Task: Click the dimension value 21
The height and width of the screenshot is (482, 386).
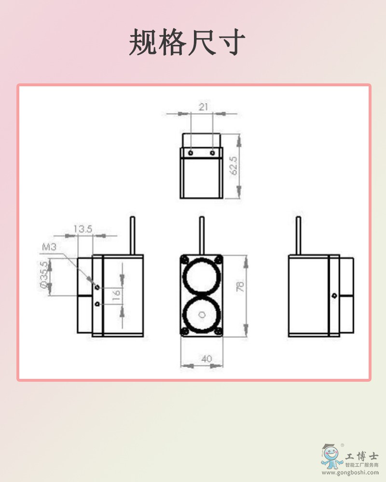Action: click(x=203, y=107)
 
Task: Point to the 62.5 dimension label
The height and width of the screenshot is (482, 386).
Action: click(x=234, y=165)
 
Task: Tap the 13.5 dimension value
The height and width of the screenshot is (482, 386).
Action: click(x=83, y=229)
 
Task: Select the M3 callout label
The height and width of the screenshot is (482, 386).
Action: click(x=49, y=247)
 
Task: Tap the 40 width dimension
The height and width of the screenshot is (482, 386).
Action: click(x=207, y=359)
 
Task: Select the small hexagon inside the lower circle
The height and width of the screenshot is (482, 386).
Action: click(x=202, y=315)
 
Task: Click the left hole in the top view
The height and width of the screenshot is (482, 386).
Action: click(x=192, y=153)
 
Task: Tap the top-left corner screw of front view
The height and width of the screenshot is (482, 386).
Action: click(x=184, y=258)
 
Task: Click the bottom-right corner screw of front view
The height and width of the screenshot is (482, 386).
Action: click(x=218, y=331)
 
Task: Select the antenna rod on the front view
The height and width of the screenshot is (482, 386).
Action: click(x=202, y=235)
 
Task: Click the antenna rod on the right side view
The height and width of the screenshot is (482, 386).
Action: click(x=298, y=235)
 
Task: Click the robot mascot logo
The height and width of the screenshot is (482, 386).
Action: click(x=332, y=456)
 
